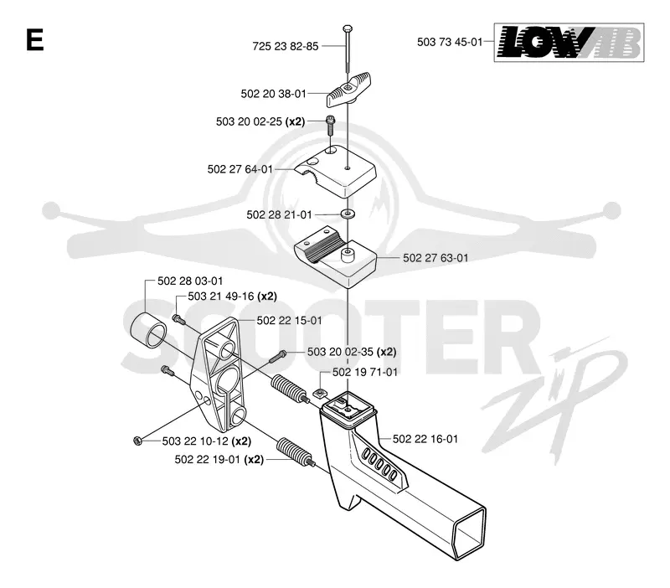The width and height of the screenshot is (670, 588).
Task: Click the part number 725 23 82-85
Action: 286,46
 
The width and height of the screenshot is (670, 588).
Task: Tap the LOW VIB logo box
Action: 569,43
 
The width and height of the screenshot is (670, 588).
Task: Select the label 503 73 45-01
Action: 450,42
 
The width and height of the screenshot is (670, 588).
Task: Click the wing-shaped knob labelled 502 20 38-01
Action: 348,90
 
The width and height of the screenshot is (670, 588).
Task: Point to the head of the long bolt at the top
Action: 348,29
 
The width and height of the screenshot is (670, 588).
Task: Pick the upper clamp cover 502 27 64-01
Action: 335,171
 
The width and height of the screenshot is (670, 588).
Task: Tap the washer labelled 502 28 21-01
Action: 348,214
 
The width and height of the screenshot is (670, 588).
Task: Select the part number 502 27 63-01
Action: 435,258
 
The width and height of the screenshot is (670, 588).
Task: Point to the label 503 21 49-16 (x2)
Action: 233,297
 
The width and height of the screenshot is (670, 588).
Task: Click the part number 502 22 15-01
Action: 289,321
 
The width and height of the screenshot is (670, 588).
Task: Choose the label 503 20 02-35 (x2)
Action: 352,352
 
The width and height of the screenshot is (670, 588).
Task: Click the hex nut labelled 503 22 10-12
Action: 137,441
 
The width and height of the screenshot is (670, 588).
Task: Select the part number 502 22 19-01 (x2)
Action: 219,459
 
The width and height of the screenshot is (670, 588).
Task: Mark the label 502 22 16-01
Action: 425,439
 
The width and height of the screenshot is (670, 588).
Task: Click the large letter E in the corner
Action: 35,39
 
